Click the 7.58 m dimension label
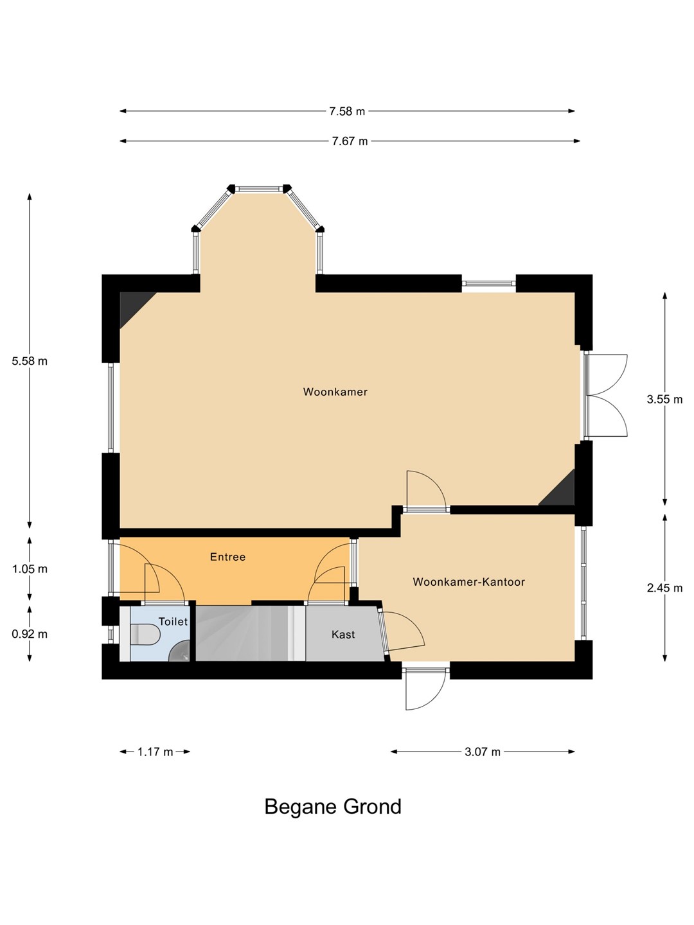347,111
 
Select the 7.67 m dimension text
350,141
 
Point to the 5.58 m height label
30,361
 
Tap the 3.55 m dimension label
664,399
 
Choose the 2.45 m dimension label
664,588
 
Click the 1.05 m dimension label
30,569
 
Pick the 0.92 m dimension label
30,634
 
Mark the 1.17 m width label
155,752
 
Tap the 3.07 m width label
483,752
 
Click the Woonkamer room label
335,392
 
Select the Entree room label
227,557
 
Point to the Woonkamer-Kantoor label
468,582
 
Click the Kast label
343,634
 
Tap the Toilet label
173,621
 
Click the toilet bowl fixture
145,635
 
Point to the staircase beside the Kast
251,633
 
